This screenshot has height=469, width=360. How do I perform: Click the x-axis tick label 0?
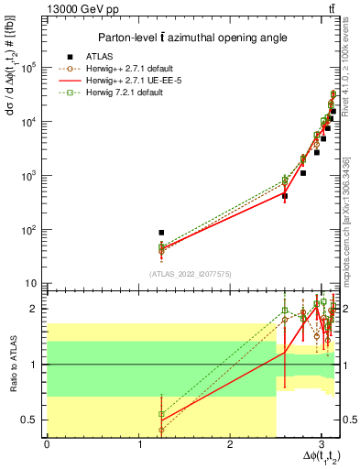point(47,444)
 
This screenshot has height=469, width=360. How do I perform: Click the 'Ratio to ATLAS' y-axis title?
point(12,365)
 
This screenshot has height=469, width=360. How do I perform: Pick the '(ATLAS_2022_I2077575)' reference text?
point(191,273)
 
